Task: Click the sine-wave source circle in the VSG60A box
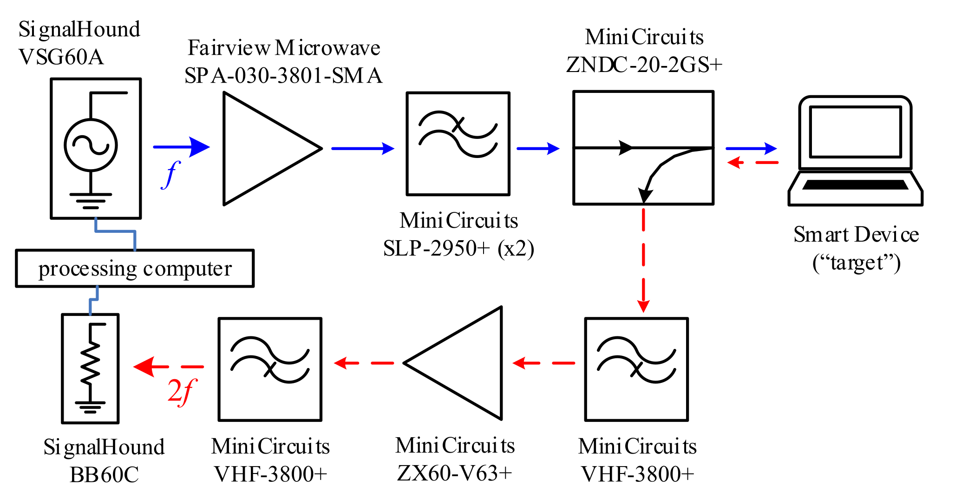tap(91, 145)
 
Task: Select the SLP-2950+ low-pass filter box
tap(458, 144)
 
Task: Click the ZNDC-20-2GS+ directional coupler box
tap(643, 148)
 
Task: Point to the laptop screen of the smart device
tap(855, 132)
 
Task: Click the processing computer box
tap(135, 269)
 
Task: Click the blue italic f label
tap(171, 174)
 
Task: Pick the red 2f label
tap(182, 391)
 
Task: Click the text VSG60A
tap(61, 57)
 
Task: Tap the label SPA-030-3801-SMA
tap(283, 75)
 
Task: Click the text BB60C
tap(104, 474)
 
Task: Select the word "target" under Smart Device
tap(857, 263)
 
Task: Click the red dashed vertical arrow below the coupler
tap(643, 260)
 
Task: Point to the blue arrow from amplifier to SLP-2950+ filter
tap(362, 149)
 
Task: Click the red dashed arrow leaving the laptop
tap(752, 163)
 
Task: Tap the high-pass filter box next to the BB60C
tap(270, 369)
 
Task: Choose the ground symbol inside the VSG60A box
tap(91, 200)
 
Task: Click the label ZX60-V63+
tap(454, 473)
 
